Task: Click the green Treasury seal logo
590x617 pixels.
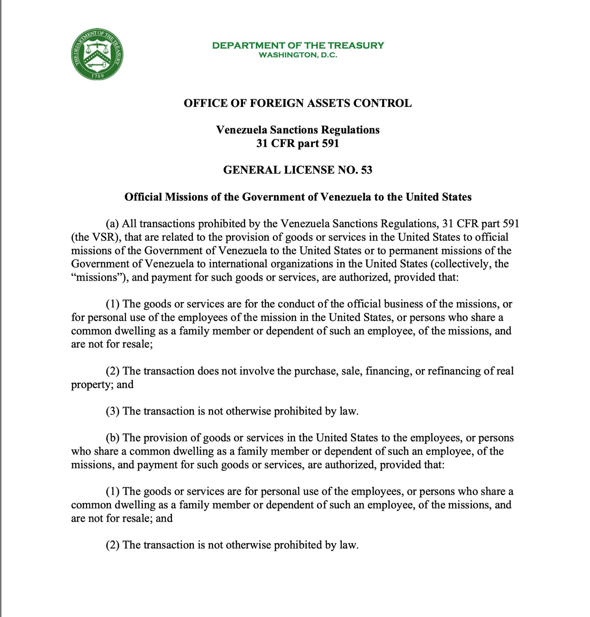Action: tap(97, 54)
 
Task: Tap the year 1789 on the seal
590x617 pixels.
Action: tap(97, 76)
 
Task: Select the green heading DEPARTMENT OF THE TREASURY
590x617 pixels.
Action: tap(298, 46)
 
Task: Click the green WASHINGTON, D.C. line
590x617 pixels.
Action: tap(298, 55)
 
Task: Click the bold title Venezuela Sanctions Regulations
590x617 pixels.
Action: tap(298, 130)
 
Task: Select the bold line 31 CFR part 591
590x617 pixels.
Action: tap(298, 143)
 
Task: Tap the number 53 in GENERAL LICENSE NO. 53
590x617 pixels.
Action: tap(367, 170)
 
